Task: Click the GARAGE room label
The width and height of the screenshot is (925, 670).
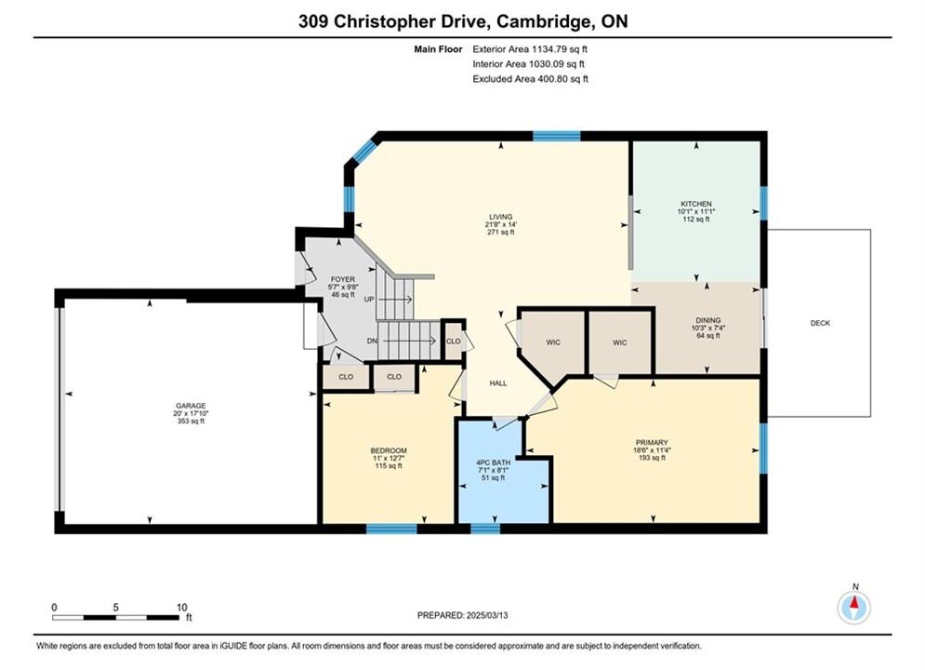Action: [191, 406]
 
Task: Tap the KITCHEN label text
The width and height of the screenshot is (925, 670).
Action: [696, 204]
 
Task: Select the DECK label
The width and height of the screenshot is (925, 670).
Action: [820, 323]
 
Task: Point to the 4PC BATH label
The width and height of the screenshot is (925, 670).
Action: [493, 462]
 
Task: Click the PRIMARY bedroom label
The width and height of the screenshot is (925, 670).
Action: [652, 442]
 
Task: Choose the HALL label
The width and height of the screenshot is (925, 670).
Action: [498, 383]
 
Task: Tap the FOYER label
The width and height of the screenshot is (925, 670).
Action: [343, 279]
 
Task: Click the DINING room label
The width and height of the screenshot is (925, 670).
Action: [707, 320]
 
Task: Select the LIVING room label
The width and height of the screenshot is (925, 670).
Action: [500, 217]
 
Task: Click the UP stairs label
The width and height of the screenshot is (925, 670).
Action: [369, 300]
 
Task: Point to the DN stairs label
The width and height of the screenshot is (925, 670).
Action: [372, 341]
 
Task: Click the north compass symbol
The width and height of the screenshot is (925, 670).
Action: [854, 607]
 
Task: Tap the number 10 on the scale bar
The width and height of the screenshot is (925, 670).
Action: [181, 607]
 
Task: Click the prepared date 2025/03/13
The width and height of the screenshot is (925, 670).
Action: [487, 615]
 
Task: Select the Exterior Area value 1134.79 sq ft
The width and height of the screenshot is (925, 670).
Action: [560, 49]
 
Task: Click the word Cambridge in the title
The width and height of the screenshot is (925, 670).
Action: [544, 21]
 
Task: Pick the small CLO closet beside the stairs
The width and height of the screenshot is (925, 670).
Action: [453, 342]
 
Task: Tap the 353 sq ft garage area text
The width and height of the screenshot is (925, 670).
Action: [191, 421]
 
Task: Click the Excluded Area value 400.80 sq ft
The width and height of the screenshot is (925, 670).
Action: [562, 78]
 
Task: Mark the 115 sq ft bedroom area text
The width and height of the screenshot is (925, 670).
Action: [389, 466]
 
